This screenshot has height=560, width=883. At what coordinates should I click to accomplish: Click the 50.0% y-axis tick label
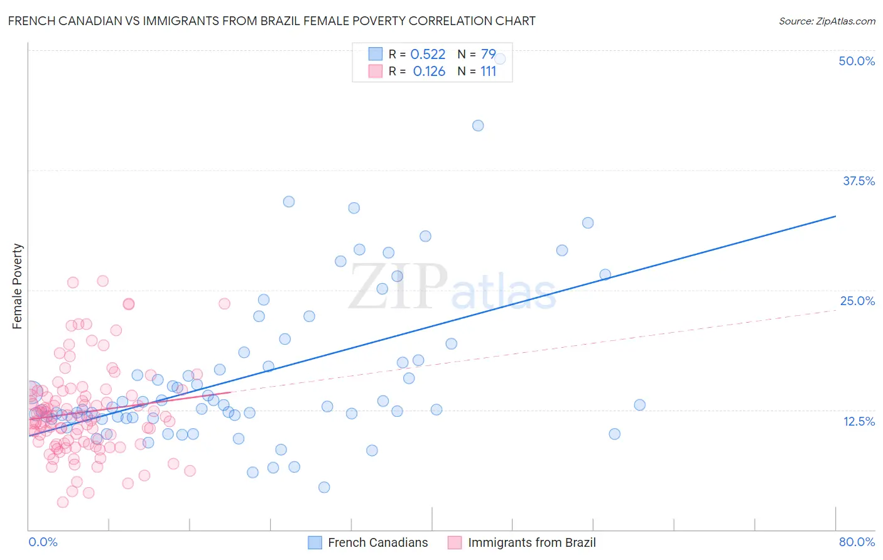(857, 61)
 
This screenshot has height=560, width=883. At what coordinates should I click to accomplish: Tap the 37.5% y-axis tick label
(859, 181)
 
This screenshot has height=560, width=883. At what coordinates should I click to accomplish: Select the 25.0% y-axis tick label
(857, 301)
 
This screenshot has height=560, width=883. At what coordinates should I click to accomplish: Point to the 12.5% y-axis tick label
(859, 421)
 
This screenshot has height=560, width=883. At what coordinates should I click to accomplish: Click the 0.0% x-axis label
(43, 542)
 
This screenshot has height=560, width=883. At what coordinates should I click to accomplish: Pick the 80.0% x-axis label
(857, 542)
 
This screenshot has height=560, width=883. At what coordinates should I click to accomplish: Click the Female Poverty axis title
(18, 286)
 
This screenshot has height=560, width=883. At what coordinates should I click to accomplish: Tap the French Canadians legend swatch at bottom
(315, 542)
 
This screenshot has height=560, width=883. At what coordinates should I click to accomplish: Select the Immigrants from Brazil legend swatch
(455, 542)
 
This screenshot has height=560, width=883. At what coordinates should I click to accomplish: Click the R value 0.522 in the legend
(428, 55)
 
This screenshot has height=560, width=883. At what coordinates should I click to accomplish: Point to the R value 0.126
(429, 72)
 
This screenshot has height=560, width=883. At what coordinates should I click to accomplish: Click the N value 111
(488, 72)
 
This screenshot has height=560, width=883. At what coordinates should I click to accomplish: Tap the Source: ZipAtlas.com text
(826, 21)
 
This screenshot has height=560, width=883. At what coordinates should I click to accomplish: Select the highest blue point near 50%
(500, 59)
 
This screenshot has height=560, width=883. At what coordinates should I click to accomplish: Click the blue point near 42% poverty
(478, 126)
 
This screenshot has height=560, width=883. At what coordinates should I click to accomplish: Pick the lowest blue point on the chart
(324, 487)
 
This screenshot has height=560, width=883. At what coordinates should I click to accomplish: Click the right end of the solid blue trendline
(835, 216)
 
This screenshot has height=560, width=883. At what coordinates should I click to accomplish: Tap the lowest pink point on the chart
(63, 502)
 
